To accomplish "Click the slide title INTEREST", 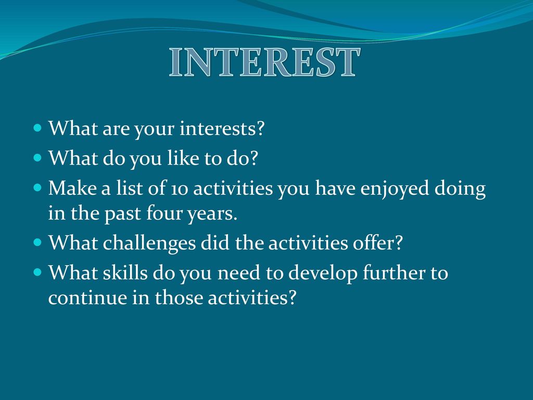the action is click(264, 62).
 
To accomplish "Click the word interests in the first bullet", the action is click(222, 128).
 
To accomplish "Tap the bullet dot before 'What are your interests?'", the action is click(37, 128).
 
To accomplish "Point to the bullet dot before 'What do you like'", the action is click(37, 158).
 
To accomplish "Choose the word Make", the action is click(72, 187).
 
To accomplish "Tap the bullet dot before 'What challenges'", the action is click(37, 243).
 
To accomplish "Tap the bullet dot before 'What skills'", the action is click(37, 272).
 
